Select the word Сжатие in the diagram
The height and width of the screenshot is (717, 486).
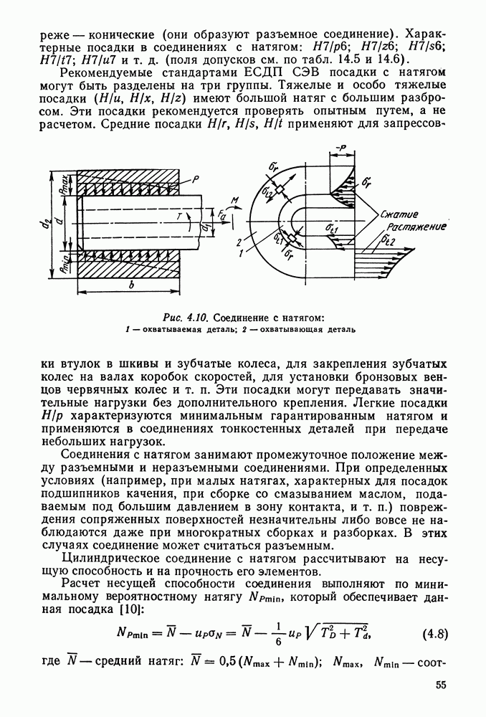(x=399, y=214)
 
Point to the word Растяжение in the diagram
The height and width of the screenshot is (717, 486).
(x=415, y=227)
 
